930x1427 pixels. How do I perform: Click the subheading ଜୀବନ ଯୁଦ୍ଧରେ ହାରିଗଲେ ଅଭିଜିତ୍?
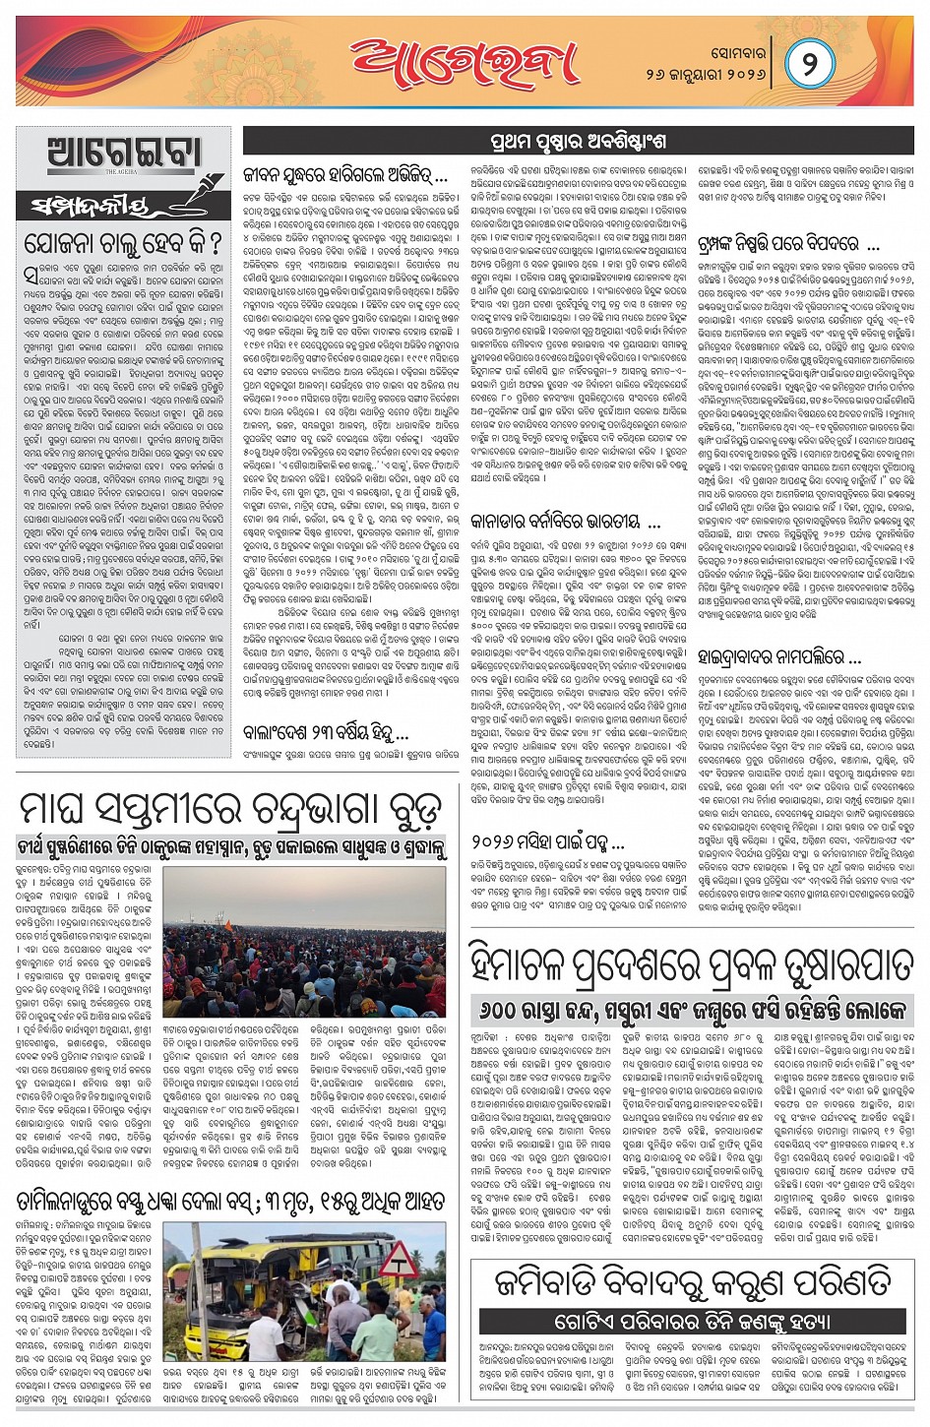[x=344, y=178]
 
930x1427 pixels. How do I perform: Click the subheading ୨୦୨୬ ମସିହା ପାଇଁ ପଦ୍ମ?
[x=546, y=842]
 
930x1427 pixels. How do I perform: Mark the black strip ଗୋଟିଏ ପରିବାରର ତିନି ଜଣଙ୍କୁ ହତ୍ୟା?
[x=692, y=1321]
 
